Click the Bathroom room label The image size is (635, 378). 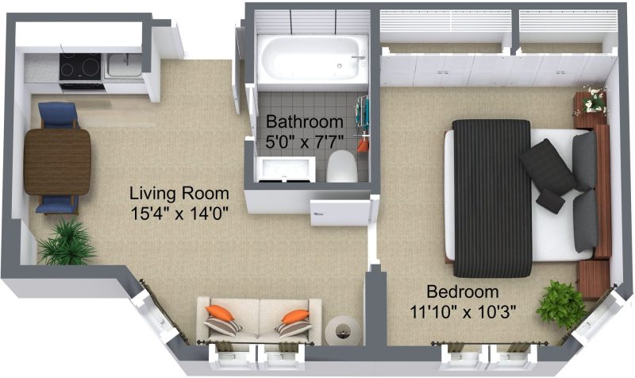tap(305, 121)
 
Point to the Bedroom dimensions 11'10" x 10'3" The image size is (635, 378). tap(463, 311)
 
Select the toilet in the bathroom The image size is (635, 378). tap(342, 166)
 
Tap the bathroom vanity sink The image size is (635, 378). tap(285, 169)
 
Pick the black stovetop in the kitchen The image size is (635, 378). tap(80, 67)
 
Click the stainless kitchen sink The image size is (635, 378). tap(124, 66)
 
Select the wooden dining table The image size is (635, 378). tap(57, 162)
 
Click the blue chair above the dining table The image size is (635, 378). tap(58, 115)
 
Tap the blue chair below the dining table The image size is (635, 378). tap(57, 204)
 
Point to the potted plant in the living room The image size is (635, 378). tap(66, 243)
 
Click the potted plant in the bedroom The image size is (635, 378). tap(561, 304)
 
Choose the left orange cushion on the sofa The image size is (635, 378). tap(220, 312)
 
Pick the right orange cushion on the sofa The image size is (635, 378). tap(295, 316)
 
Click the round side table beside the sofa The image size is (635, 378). tap(343, 330)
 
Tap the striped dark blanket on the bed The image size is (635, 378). tap(491, 199)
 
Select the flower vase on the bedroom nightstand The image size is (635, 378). tap(595, 100)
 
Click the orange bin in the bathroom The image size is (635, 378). tap(363, 145)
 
